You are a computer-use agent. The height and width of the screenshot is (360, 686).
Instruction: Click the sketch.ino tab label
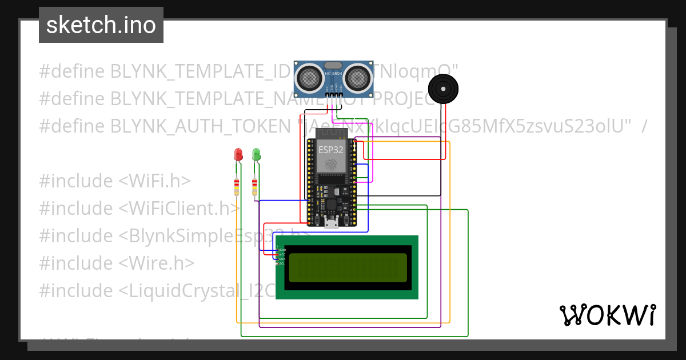tap(101, 25)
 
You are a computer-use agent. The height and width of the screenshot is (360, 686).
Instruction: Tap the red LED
tap(238, 154)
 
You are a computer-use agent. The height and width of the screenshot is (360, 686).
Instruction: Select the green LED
tap(256, 154)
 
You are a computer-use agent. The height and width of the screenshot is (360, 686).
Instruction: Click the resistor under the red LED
tap(237, 187)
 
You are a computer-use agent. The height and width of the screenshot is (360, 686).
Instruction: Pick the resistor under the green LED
tap(254, 187)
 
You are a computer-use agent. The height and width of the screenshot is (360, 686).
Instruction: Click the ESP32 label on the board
tap(332, 150)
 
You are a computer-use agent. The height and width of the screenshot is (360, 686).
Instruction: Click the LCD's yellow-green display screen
tap(348, 267)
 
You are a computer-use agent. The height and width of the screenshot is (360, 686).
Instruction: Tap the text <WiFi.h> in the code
tap(154, 181)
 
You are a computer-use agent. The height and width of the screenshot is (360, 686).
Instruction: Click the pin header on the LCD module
tap(277, 257)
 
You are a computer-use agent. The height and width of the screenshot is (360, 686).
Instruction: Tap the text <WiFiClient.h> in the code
tap(179, 208)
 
